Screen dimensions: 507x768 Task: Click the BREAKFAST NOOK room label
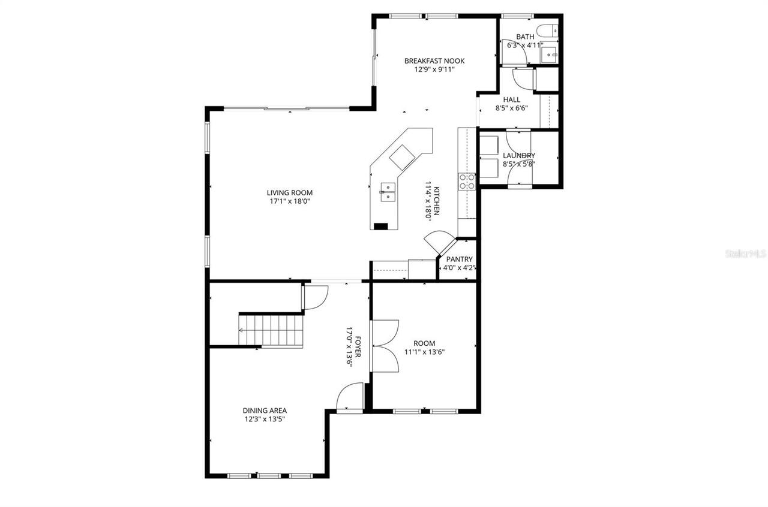pyautogui.click(x=434, y=61)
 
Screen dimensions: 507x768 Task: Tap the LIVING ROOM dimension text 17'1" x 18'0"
pyautogui.click(x=290, y=201)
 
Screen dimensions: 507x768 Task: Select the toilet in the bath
pyautogui.click(x=545, y=31)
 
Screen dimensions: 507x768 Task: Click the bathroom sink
pyautogui.click(x=548, y=55)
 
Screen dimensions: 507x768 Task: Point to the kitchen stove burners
pyautogui.click(x=467, y=182)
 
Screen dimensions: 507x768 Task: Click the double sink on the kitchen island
pyautogui.click(x=388, y=192)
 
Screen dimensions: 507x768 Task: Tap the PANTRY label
pyautogui.click(x=460, y=259)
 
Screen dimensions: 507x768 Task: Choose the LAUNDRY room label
pyautogui.click(x=519, y=156)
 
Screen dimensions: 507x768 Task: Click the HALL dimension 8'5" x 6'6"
pyautogui.click(x=512, y=108)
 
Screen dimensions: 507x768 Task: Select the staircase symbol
pyautogui.click(x=272, y=329)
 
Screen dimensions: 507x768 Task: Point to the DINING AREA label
pyautogui.click(x=265, y=411)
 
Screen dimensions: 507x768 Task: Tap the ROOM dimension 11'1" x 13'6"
pyautogui.click(x=424, y=352)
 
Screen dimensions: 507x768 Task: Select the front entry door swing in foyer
pyautogui.click(x=350, y=398)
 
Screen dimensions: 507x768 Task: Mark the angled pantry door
pyautogui.click(x=437, y=241)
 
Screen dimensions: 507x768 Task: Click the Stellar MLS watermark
pyautogui.click(x=745, y=254)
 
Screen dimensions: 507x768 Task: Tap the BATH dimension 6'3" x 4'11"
pyautogui.click(x=525, y=45)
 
